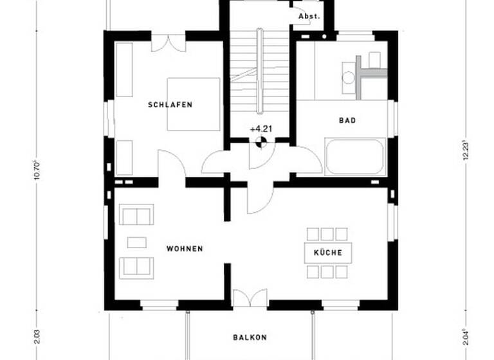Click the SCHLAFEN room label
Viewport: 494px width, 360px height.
[170, 105]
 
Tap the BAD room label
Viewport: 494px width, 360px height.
[347, 120]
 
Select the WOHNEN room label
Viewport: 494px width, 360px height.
[185, 249]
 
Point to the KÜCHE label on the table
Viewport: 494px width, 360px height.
[328, 253]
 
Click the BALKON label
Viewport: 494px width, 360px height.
[250, 337]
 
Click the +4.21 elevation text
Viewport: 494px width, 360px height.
[261, 129]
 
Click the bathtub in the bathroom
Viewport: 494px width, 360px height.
[355, 156]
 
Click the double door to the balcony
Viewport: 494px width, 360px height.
[250, 298]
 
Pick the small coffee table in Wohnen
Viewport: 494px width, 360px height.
[136, 242]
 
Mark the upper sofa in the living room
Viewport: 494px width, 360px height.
[136, 214]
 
